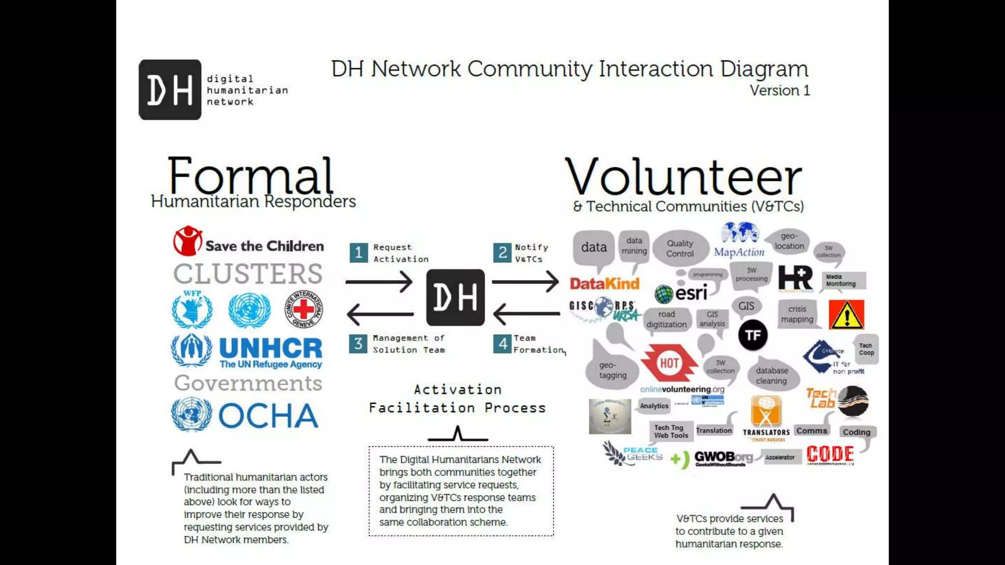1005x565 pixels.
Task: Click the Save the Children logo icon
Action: [x=187, y=240]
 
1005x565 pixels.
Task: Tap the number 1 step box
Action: [x=359, y=253]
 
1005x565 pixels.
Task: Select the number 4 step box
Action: [x=502, y=344]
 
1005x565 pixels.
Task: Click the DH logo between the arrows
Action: [x=455, y=297]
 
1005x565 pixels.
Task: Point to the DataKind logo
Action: [x=605, y=283]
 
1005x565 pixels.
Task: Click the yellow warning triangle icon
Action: [x=846, y=315]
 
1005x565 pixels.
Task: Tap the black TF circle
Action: [x=753, y=335]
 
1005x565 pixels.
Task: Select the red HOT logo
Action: [x=669, y=363]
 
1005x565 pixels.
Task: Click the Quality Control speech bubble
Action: [x=680, y=249]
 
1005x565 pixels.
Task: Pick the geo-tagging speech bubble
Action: [x=612, y=370]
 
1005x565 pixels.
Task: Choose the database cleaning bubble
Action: [x=772, y=375]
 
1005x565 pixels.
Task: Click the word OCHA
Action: [x=268, y=416]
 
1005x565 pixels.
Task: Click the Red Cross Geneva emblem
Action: [x=304, y=309]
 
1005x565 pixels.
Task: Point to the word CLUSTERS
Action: [x=248, y=274]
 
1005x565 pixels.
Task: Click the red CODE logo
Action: [x=830, y=454]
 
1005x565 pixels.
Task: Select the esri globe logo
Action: [x=664, y=294]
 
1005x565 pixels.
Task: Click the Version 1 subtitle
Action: [x=780, y=91]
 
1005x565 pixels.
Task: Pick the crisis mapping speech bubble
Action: [x=797, y=314]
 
